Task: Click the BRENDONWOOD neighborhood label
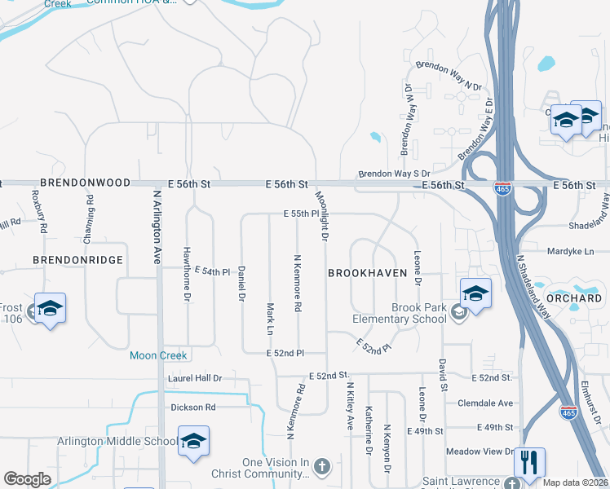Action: [85, 183]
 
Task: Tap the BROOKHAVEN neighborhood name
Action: [367, 273]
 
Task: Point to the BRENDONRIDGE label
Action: [77, 259]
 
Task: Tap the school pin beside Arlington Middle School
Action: [193, 442]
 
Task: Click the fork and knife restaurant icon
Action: [529, 463]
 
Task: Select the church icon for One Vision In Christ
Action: [321, 467]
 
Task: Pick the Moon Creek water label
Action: [158, 355]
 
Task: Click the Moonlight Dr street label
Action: [323, 217]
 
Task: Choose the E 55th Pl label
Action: [300, 213]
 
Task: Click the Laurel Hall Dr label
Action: [195, 379]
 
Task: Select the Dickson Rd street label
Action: [193, 407]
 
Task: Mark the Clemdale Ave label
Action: [485, 403]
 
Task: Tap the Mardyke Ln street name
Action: [571, 252]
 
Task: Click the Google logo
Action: [28, 479]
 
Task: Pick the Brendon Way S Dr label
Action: [394, 174]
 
